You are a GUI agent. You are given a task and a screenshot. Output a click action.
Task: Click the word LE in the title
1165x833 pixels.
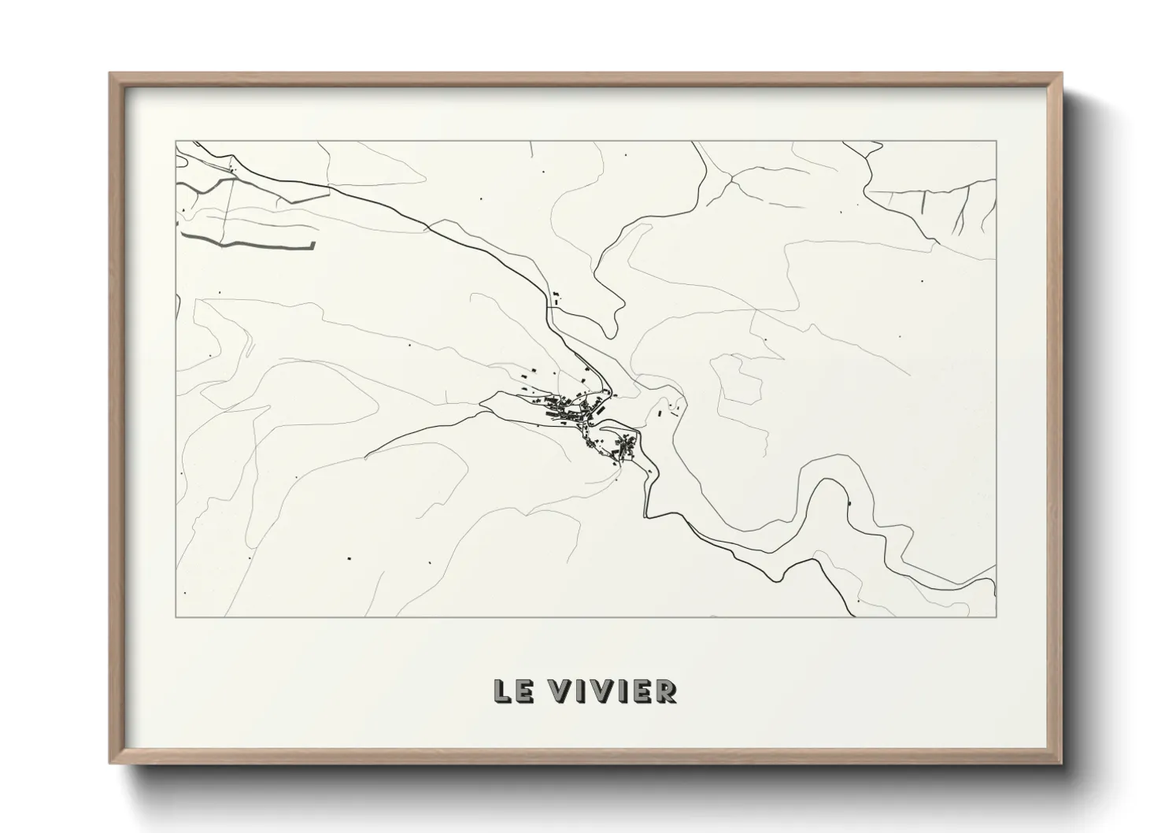click(512, 691)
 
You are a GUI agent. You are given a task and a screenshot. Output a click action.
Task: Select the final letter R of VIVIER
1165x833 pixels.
click(666, 691)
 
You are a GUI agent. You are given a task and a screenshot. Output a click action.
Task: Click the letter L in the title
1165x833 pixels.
click(501, 691)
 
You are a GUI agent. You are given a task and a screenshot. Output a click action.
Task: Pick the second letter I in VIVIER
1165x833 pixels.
click(623, 691)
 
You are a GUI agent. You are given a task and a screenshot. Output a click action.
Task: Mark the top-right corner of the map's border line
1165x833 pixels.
click(997, 141)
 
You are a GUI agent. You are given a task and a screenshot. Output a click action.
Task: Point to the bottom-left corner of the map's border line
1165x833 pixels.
click(176, 616)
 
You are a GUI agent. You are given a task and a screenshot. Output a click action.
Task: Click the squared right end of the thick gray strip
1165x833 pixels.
click(313, 245)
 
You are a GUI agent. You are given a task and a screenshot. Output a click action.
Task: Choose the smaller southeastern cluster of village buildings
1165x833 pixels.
click(622, 446)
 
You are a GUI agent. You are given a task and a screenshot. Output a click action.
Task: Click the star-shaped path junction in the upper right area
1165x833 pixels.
click(732, 180)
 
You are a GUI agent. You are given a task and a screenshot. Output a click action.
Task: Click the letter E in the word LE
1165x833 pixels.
click(522, 691)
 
